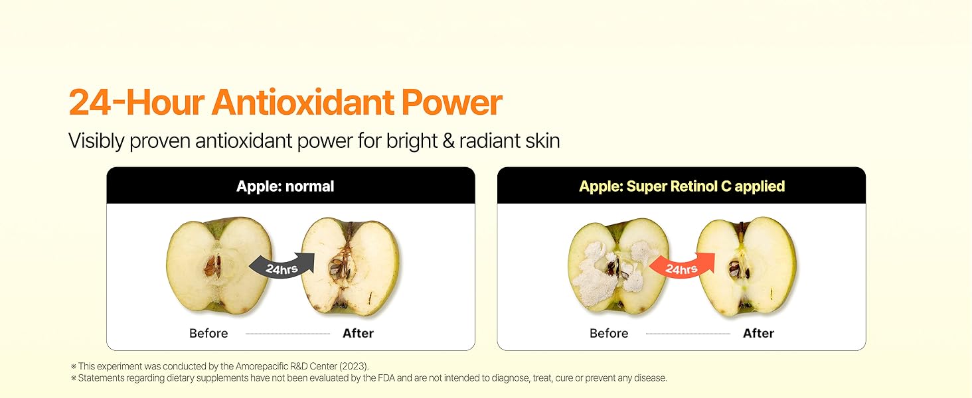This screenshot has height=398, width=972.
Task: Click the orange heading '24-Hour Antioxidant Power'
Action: pyautogui.click(x=285, y=103)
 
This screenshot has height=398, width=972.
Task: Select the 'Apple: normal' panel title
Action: pyautogui.click(x=285, y=186)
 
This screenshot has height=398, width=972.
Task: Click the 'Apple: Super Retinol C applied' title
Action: pyautogui.click(x=682, y=186)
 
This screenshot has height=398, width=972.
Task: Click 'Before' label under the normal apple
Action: pyautogui.click(x=208, y=334)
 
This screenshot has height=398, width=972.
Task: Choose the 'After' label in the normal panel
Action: pyautogui.click(x=358, y=334)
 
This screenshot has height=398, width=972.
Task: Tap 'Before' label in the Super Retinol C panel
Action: pyautogui.click(x=609, y=334)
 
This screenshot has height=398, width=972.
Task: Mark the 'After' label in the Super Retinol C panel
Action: pyautogui.click(x=758, y=334)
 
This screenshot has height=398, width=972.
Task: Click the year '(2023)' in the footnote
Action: pyautogui.click(x=355, y=366)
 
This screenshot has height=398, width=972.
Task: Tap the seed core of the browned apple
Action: pyautogui.click(x=337, y=268)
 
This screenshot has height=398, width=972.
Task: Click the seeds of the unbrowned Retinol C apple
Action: pyautogui.click(x=736, y=269)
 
